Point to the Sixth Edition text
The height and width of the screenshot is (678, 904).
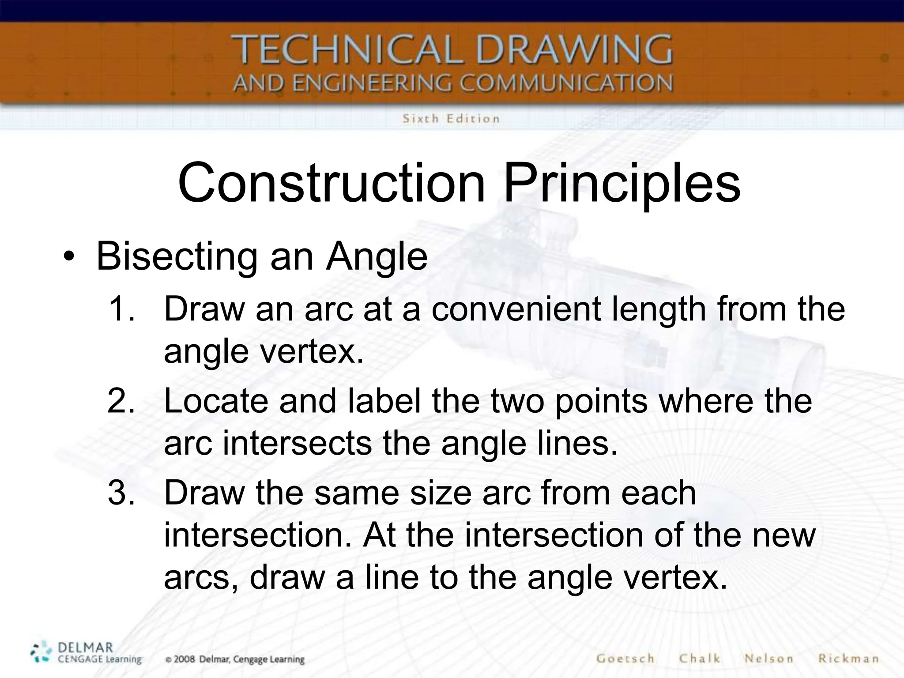coord(451,119)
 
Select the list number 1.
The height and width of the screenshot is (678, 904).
coord(121,309)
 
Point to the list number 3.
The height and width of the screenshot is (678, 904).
coord(121,493)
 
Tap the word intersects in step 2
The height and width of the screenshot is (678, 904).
coord(298,443)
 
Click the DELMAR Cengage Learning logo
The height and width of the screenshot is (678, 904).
coord(86,653)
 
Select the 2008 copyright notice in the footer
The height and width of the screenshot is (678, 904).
coord(235,659)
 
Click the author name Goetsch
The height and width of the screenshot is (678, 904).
coord(625,659)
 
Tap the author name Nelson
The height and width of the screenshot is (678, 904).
coord(768,659)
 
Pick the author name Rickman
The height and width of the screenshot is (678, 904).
coord(848,659)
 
